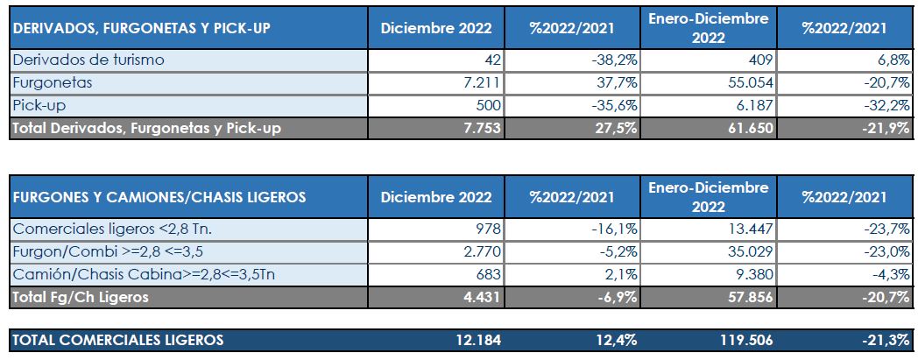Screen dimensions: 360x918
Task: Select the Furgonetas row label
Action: coord(52,83)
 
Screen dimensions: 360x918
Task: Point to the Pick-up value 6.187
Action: coord(751,106)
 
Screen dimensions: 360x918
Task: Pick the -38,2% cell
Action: coord(614,60)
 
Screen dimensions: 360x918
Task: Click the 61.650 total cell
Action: coord(747,128)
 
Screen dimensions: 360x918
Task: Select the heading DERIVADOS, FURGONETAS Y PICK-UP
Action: coord(140,27)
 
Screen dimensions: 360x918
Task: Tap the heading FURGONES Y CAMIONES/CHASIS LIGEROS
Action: coord(159,197)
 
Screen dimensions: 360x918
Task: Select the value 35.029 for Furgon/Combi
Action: coord(747,252)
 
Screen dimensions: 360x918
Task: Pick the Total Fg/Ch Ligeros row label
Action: coord(80,297)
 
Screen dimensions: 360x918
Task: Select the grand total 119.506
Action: coord(743,340)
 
